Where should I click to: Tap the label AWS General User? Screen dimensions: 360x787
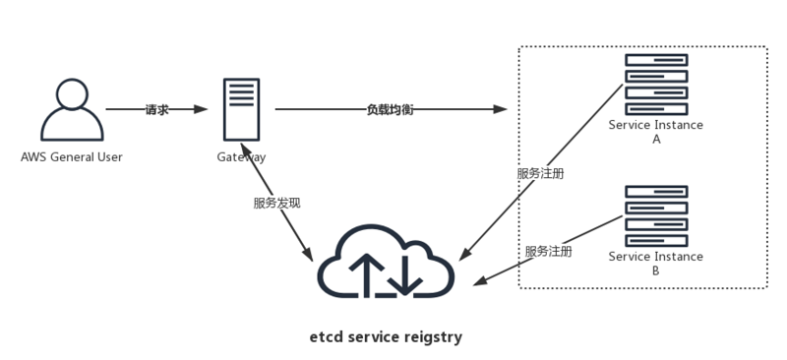click(x=71, y=156)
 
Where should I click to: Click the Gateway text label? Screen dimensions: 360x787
click(x=241, y=156)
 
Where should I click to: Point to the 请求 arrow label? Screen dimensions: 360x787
click(x=156, y=109)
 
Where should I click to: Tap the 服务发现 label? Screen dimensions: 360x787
click(x=276, y=203)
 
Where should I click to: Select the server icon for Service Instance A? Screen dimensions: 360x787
click(x=656, y=83)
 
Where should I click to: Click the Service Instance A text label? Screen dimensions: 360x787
click(x=656, y=132)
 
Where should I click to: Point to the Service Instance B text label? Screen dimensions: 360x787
click(x=656, y=263)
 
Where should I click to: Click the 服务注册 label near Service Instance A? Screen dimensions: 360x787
click(x=540, y=173)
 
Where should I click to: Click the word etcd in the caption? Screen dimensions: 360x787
click(x=326, y=336)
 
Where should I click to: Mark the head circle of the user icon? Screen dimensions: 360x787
click(x=71, y=94)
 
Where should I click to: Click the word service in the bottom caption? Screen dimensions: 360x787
click(x=374, y=336)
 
